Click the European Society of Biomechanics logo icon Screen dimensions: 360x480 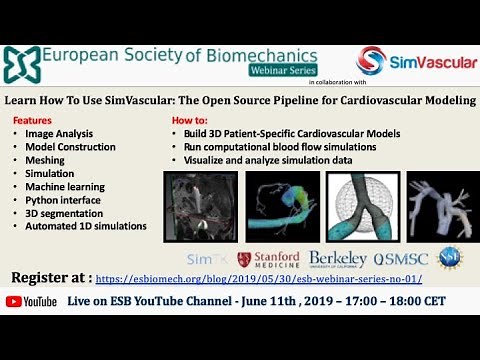tap(22, 66)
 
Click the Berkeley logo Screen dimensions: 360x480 tap(339, 259)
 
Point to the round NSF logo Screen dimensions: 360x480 tap(451, 259)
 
